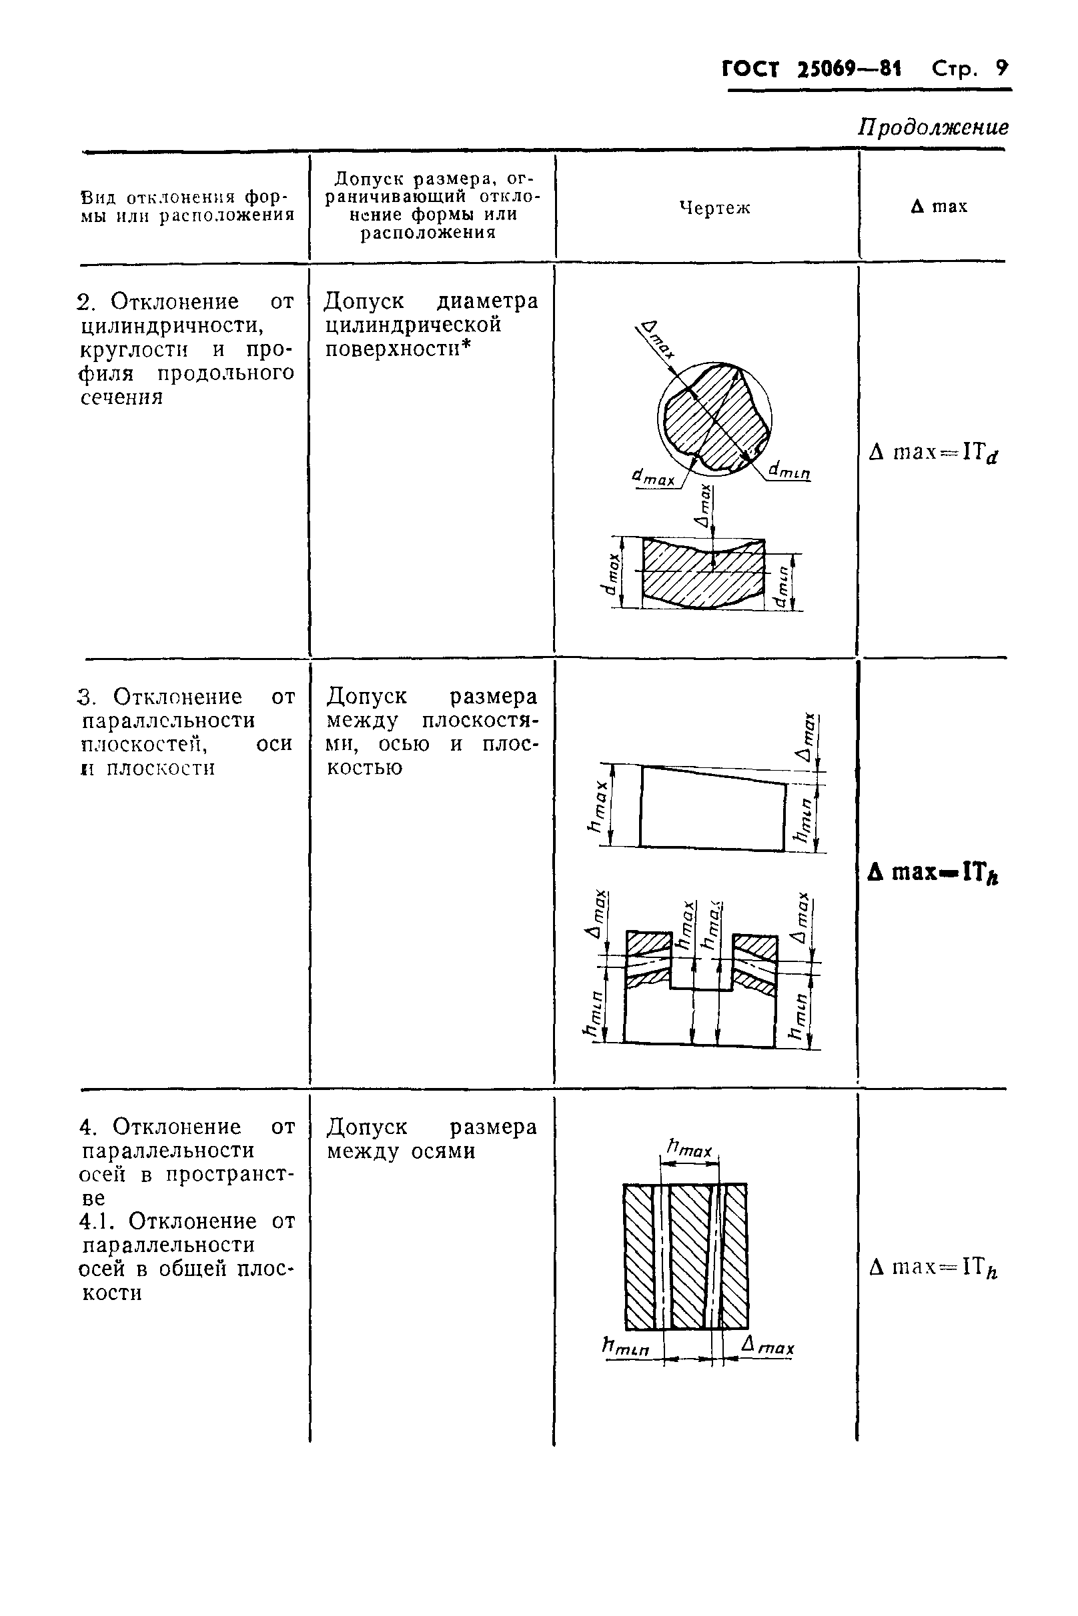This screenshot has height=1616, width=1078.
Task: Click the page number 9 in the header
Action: pos(1002,68)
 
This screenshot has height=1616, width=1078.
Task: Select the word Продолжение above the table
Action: pos(933,127)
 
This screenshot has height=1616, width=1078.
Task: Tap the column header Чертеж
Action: pos(714,207)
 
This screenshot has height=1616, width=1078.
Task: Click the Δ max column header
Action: pos(939,206)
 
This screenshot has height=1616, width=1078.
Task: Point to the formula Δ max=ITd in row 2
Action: pos(933,453)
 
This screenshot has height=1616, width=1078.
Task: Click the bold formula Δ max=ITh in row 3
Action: pos(933,873)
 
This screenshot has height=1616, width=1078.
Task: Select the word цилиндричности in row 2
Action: pos(172,325)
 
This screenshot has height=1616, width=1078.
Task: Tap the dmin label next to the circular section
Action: pos(789,471)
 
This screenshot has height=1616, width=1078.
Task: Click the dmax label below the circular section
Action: pos(653,477)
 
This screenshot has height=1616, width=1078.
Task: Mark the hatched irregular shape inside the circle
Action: pos(715,419)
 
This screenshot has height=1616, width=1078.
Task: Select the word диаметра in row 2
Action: pos(488,301)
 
